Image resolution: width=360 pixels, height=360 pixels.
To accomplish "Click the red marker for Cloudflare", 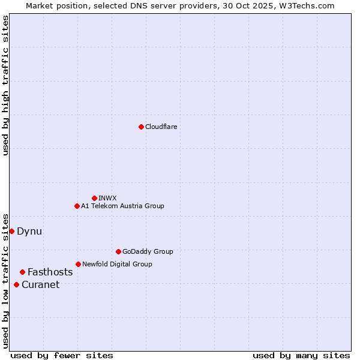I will pyautogui.click(x=141, y=127).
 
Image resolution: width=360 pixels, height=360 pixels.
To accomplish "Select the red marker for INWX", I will pyautogui.click(x=94, y=198).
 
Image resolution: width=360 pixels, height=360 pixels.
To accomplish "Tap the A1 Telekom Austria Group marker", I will pyautogui.click(x=77, y=206).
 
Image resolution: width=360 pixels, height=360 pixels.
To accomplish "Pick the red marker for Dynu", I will pyautogui.click(x=11, y=231).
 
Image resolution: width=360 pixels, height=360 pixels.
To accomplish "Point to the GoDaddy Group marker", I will pyautogui.click(x=118, y=251).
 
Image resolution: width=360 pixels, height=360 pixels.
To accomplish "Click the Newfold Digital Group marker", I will pyautogui.click(x=78, y=264).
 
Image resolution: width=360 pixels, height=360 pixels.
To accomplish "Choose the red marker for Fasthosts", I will pyautogui.click(x=22, y=272).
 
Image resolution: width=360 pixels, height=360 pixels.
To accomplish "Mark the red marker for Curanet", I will pyautogui.click(x=16, y=284).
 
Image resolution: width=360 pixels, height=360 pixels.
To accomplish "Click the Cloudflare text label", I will pyautogui.click(x=161, y=127).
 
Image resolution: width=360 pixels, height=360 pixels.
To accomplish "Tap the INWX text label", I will pyautogui.click(x=108, y=198).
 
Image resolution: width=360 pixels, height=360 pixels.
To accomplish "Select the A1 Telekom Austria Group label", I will pyautogui.click(x=122, y=206).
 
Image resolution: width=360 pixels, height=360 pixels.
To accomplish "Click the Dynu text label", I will pyautogui.click(x=29, y=231).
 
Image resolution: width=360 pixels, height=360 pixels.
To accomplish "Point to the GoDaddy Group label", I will pyautogui.click(x=148, y=251).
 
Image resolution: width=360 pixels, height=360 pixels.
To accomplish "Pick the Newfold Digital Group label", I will pyautogui.click(x=117, y=264).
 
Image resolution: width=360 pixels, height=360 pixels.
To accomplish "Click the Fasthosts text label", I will pyautogui.click(x=50, y=272).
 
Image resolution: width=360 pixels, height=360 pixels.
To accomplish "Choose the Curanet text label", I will pyautogui.click(x=41, y=284).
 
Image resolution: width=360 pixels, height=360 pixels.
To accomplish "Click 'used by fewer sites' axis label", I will pyautogui.click(x=62, y=355).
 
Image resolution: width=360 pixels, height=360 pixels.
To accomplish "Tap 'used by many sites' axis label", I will pyautogui.click(x=301, y=355).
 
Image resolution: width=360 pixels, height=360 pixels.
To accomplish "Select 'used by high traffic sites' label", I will pyautogui.click(x=5, y=85).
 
